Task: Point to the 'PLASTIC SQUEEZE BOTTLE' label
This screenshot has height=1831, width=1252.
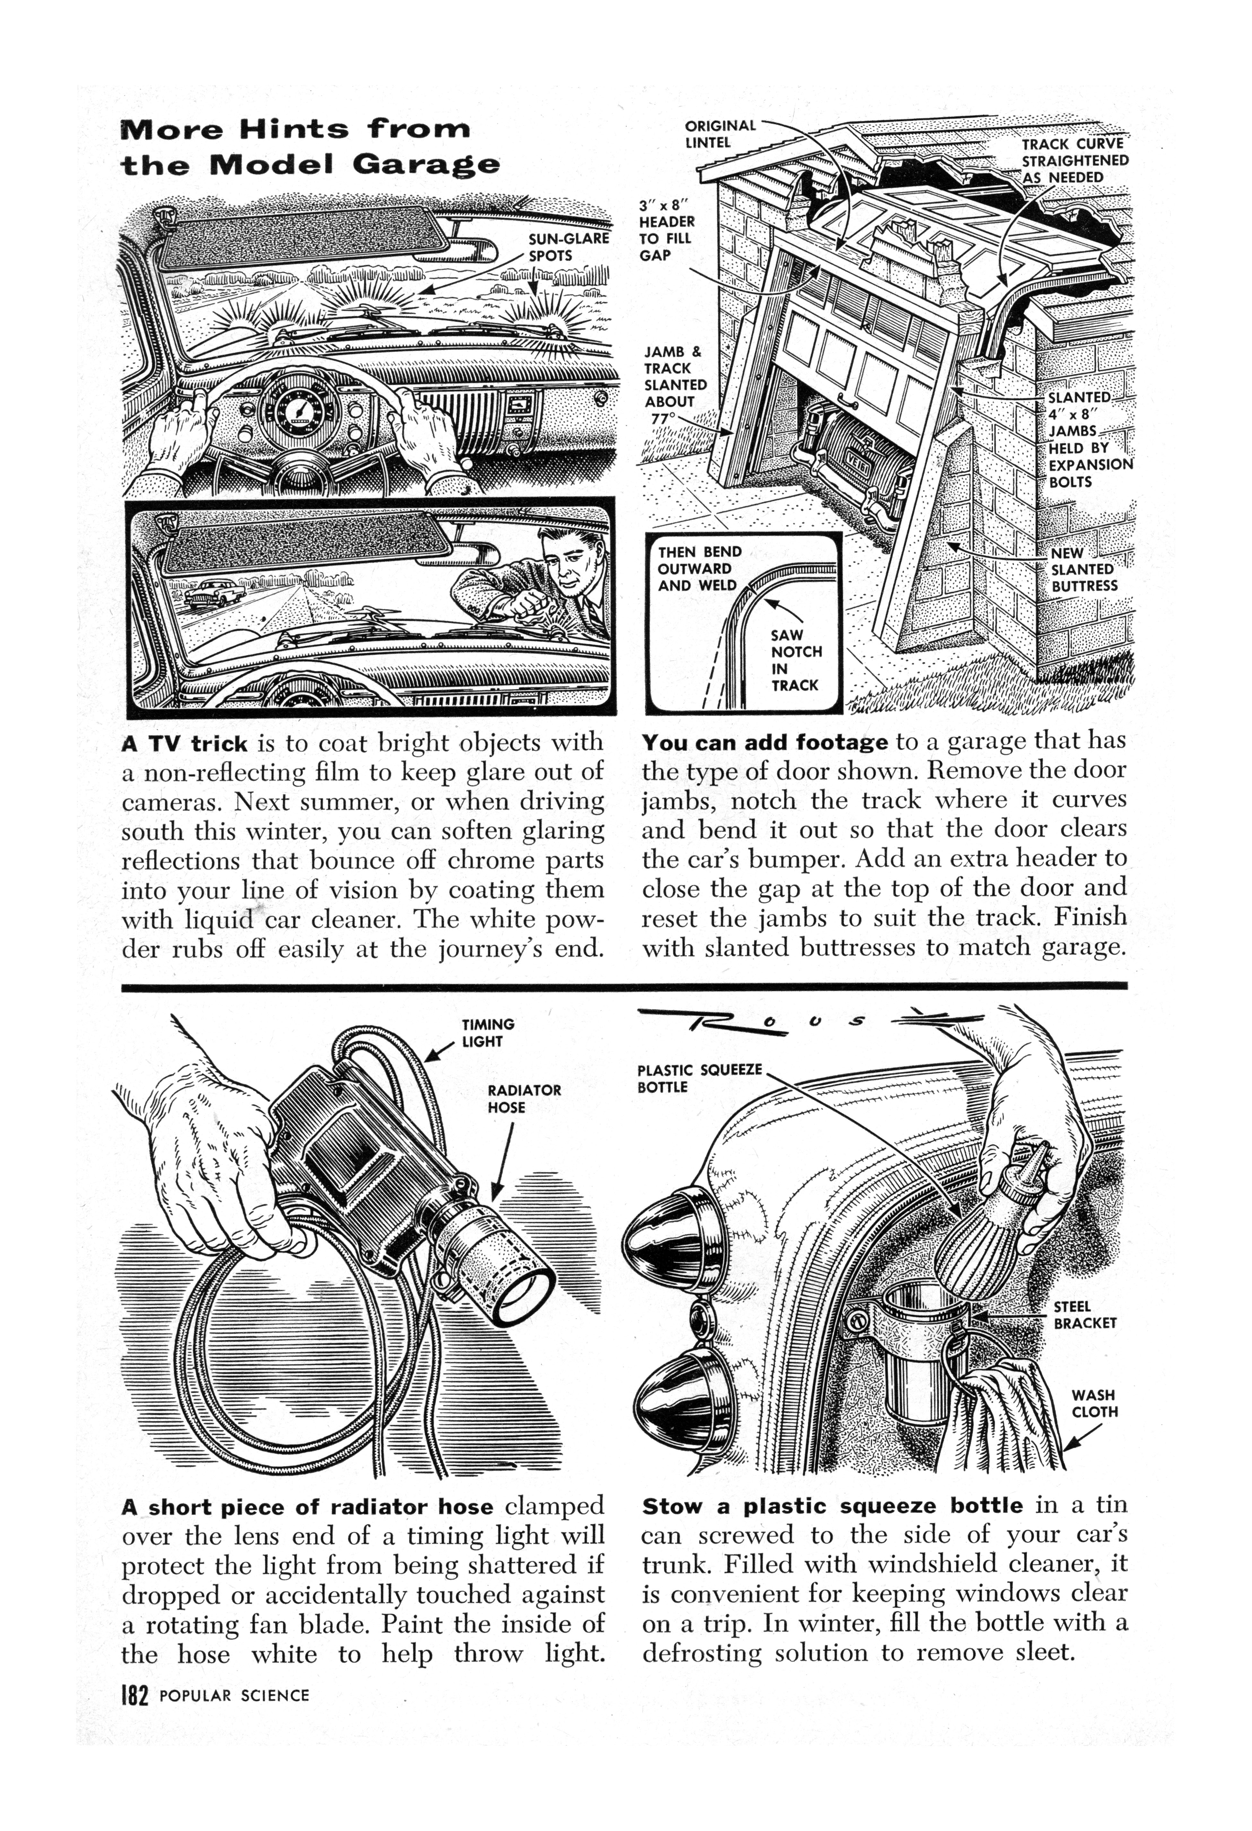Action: coord(699,1078)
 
